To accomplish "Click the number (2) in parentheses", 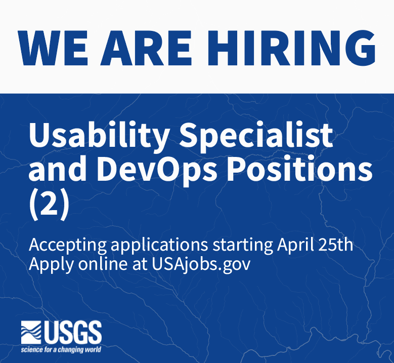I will point(48,205).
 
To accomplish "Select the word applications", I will point(159,246).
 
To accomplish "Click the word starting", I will point(243,246).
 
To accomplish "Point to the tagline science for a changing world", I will point(61,350).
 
